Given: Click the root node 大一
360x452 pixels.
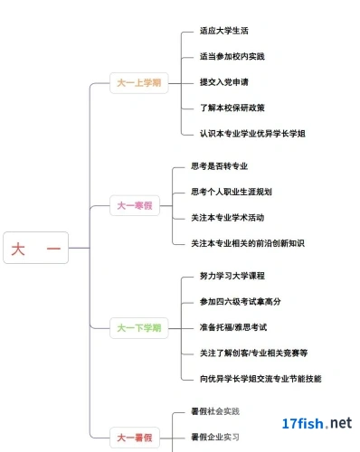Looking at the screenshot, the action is [x=36, y=248].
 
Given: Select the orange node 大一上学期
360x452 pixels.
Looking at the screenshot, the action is [x=139, y=83].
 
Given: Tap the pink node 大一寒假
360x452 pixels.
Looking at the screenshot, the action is [x=135, y=205].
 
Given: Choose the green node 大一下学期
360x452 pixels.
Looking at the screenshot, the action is [x=139, y=328].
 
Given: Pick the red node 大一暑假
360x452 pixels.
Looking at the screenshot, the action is [x=135, y=438].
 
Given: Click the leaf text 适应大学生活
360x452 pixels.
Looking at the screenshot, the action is [x=224, y=31].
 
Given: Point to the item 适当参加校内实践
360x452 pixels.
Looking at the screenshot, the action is [x=232, y=56].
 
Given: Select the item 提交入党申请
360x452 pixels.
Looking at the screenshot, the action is [x=224, y=82].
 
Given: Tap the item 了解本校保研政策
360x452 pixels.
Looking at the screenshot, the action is [x=232, y=108].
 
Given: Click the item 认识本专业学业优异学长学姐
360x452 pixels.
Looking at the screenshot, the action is [x=252, y=134].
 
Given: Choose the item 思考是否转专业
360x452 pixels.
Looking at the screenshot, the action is [x=220, y=166].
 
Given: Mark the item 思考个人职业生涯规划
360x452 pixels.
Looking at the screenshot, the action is [x=232, y=192].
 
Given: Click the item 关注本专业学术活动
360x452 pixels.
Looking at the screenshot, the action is [x=228, y=218].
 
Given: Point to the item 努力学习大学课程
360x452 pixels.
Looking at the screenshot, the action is [x=232, y=276].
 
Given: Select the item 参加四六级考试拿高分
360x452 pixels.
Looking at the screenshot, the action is [x=240, y=301].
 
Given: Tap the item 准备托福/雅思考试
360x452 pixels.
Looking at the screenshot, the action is [x=233, y=327].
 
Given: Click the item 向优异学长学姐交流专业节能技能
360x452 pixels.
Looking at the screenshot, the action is [x=261, y=379].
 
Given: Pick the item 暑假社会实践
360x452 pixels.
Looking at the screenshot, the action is [x=215, y=411].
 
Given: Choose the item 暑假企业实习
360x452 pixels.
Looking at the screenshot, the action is [x=215, y=437].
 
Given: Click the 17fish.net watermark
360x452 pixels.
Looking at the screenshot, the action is [x=317, y=423].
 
